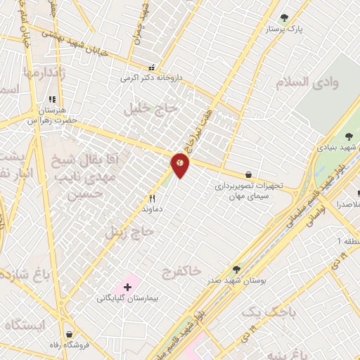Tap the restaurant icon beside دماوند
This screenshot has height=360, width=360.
pyautogui.click(x=152, y=198)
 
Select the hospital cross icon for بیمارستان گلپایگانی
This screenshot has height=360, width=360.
pyautogui.click(x=127, y=287)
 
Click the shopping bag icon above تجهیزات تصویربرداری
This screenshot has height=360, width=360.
pyautogui.click(x=249, y=174)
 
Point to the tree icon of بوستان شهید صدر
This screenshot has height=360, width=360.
pyautogui.click(x=236, y=269)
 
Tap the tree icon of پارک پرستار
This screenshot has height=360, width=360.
pyautogui.click(x=284, y=18)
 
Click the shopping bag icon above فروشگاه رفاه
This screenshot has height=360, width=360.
pyautogui.click(x=69, y=333)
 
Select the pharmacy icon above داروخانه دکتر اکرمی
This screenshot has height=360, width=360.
pyautogui.click(x=150, y=68)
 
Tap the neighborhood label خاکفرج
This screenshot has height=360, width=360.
pyautogui.click(x=181, y=270)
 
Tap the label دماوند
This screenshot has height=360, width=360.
pyautogui.click(x=153, y=209)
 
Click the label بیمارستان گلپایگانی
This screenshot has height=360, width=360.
pyautogui.click(x=128, y=298)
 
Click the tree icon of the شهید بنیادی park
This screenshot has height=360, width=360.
pyautogui.click(x=349, y=136)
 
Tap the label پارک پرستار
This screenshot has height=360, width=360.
pyautogui.click(x=284, y=30)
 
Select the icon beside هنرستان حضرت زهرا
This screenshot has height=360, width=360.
pyautogui.click(x=51, y=100)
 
